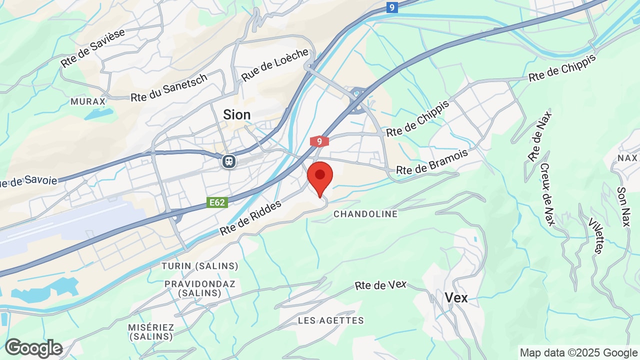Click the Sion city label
coord(237,114)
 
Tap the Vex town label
coord(456,298)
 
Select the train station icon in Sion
coord(229,161)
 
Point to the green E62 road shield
coord(217,202)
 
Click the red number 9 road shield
coord(319,141)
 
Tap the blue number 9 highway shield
coord(392,7)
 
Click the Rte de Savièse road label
coord(92,48)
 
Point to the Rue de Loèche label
coord(275,65)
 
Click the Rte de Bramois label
coord(432,162)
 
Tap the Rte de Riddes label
coord(251,217)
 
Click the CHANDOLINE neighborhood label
coord(365,214)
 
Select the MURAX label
coord(88,101)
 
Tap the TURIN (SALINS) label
coord(200,266)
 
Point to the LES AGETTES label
coord(331,320)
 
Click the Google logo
coord(33,348)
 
